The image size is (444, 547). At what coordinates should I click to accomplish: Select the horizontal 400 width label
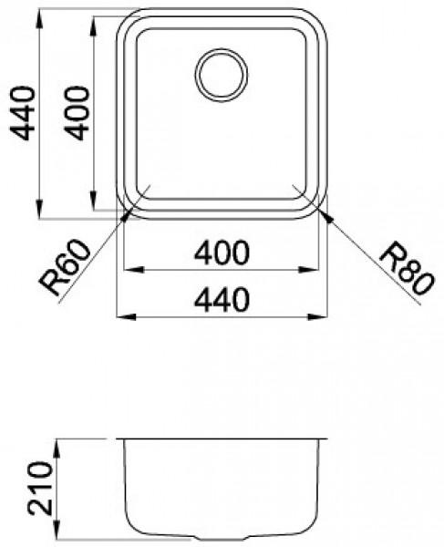pos(222,254)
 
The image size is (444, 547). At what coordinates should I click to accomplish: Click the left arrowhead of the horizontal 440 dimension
pos(120,316)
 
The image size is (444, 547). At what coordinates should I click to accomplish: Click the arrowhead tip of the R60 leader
pos(137,203)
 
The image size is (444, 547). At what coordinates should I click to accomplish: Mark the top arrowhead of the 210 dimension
pos(58,441)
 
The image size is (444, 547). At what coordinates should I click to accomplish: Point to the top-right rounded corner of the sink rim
pos(315,20)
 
